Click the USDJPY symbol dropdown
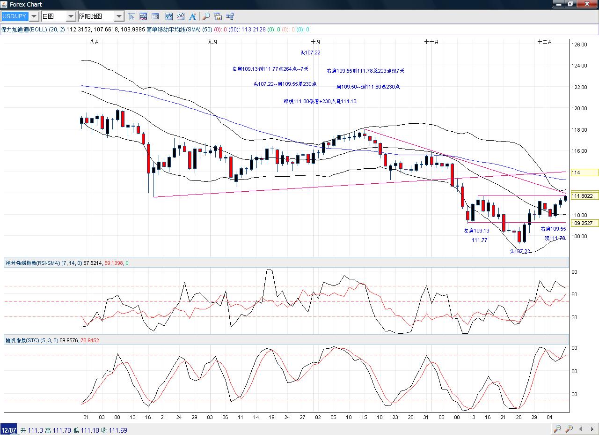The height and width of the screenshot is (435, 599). (x=20, y=16)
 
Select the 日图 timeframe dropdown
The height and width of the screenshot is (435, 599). (x=58, y=16)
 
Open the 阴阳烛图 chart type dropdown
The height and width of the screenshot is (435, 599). (x=100, y=16)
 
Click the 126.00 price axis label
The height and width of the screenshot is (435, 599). (x=579, y=45)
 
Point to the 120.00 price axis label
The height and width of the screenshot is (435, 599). (x=579, y=108)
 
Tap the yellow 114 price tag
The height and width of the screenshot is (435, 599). (x=584, y=172)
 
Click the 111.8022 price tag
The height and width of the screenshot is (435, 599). (x=584, y=196)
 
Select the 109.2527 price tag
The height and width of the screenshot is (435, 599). (x=584, y=223)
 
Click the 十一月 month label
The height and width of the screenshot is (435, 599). (x=431, y=42)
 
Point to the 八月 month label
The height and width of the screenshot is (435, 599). (x=94, y=42)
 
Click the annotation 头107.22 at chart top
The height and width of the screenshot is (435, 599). (x=310, y=52)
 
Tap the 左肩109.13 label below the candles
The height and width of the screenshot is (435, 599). (x=476, y=231)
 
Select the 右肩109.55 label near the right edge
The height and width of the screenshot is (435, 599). (x=553, y=229)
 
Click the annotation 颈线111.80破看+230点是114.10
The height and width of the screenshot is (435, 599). (x=320, y=101)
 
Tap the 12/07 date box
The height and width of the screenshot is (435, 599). (x=9, y=430)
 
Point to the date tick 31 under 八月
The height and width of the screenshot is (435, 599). (x=86, y=417)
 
